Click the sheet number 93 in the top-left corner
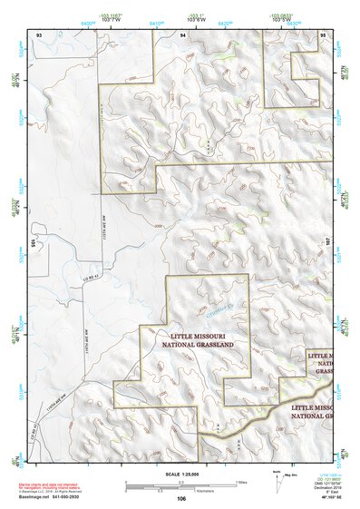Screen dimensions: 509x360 tap(39, 34)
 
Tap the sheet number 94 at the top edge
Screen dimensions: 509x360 tap(182, 34)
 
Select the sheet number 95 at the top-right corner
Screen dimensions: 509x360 tap(324, 34)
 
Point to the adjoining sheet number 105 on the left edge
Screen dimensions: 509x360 tap(31, 243)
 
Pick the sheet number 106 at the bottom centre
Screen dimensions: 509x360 tap(181, 498)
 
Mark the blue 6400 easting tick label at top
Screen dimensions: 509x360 tap(90, 23)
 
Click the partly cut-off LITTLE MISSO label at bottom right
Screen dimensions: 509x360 tap(312, 409)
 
